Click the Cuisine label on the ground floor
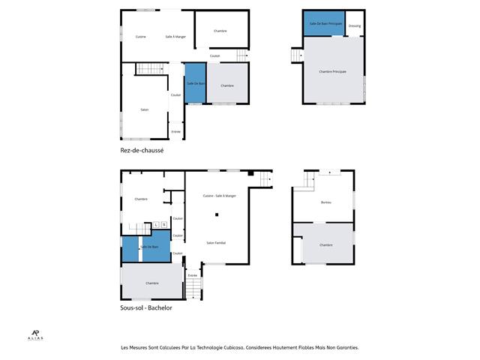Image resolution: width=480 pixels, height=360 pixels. point(140,37)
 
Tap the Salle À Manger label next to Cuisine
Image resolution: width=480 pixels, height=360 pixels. point(175,37)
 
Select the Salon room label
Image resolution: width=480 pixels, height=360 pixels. point(145,109)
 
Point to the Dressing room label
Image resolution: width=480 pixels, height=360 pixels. point(355,26)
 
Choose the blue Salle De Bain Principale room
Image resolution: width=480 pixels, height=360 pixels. point(325,24)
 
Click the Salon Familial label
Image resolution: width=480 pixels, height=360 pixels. point(217,242)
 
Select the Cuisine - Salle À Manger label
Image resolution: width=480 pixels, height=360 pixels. point(219,196)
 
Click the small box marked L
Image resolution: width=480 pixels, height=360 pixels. point(156,224)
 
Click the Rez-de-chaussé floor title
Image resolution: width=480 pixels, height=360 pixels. point(142,151)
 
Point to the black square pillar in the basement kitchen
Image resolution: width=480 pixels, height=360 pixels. point(217,215)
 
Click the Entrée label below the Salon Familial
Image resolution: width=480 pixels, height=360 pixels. point(193,276)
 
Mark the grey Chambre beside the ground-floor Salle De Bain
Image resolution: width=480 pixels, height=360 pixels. point(227,85)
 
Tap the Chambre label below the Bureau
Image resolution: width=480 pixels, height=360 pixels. point(325,245)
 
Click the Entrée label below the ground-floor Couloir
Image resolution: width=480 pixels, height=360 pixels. point(176,131)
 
